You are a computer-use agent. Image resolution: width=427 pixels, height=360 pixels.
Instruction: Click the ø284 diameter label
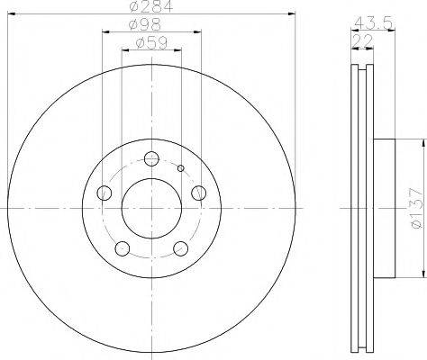click(x=151, y=6)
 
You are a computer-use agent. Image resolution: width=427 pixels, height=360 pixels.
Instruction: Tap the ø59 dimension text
click(x=151, y=43)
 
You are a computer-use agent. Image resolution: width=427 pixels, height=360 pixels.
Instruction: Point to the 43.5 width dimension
click(x=374, y=22)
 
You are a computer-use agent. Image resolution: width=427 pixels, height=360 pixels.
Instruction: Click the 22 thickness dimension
click(x=362, y=40)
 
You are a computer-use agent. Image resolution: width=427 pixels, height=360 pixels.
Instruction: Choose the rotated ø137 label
click(x=417, y=208)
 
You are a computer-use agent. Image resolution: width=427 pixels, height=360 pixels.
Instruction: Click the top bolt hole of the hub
click(x=151, y=158)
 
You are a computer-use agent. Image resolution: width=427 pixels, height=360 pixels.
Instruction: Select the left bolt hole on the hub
click(x=104, y=193)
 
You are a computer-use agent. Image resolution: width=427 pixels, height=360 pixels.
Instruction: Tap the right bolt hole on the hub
click(x=199, y=193)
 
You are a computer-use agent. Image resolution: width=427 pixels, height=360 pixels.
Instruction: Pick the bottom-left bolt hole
click(x=123, y=248)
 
